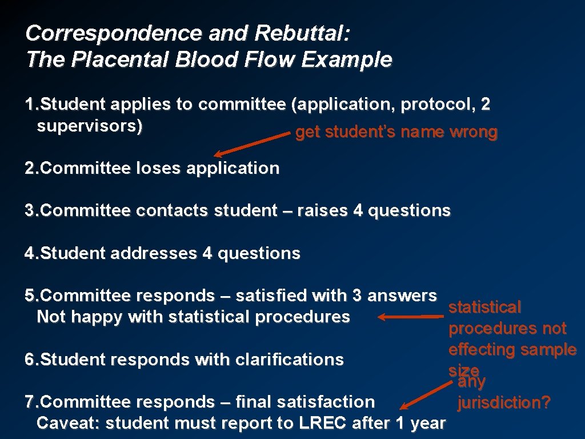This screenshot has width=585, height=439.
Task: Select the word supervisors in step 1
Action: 89,126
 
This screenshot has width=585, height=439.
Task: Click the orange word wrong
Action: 474,133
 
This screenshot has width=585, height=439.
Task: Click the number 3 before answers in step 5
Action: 358,296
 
